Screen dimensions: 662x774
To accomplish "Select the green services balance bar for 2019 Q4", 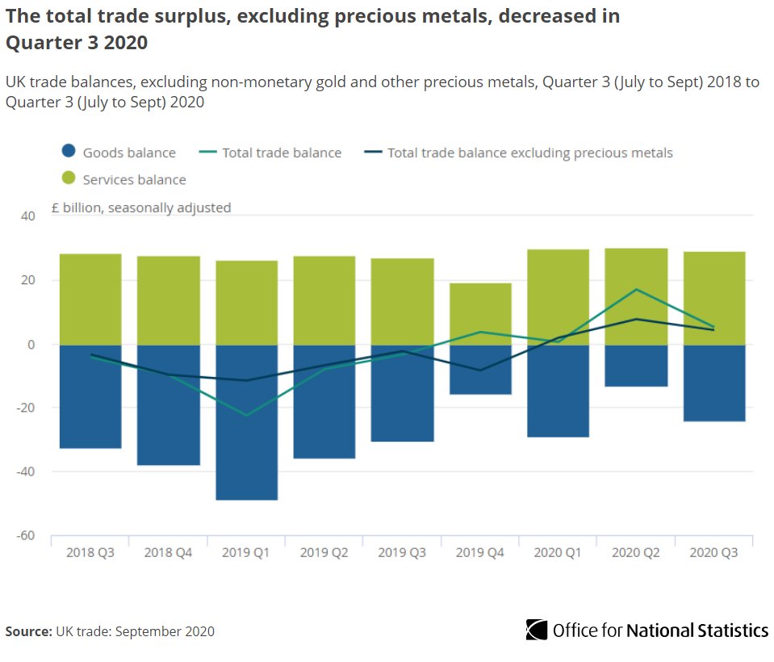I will click(x=480, y=313).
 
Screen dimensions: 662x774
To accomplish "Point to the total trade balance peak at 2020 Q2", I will click(x=637, y=289).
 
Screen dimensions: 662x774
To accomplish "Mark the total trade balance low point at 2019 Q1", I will click(x=246, y=415).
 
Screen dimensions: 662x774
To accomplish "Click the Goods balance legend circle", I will click(x=69, y=152).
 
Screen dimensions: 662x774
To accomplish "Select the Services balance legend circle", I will click(x=69, y=179).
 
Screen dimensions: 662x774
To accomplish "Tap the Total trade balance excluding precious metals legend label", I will click(x=529, y=153).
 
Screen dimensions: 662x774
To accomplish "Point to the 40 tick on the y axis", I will click(x=29, y=216).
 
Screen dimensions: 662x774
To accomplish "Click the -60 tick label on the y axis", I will click(x=26, y=535).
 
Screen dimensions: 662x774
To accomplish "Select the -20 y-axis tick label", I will click(x=26, y=408).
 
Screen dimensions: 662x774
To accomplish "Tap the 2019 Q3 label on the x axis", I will click(x=403, y=553).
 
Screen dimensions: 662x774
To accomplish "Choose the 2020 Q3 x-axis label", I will click(x=714, y=553).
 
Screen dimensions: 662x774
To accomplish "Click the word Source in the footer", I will click(x=28, y=631).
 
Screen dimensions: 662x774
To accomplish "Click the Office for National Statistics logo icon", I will click(x=536, y=630).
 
